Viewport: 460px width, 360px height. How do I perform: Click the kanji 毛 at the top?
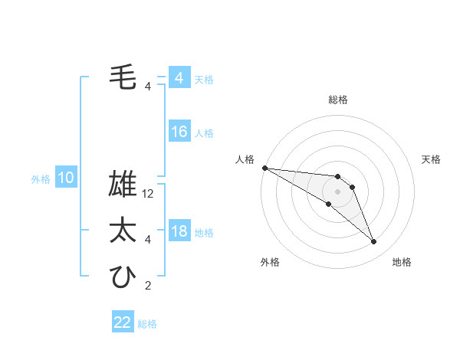[x=123, y=77]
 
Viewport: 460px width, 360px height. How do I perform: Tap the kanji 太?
[x=123, y=231]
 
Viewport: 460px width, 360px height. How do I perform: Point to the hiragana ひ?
[x=123, y=277]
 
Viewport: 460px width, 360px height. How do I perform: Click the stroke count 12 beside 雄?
[x=149, y=194]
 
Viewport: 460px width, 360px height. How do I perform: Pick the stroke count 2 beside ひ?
[x=148, y=286]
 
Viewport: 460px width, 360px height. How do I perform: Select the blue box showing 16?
[x=179, y=132]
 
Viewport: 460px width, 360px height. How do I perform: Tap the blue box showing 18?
[x=179, y=231]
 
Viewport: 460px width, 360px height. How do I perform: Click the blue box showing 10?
[x=66, y=178]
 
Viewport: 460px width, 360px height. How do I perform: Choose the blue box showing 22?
[x=123, y=322]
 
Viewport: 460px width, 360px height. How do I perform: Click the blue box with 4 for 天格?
[x=179, y=78]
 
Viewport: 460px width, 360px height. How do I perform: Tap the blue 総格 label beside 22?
[x=148, y=324]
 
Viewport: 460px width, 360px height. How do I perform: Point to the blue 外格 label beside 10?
[x=41, y=180]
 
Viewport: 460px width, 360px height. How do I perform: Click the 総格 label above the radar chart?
[x=337, y=100]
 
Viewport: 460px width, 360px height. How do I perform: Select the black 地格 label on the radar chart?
[x=402, y=263]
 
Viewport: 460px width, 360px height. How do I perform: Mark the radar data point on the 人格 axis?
[x=264, y=168]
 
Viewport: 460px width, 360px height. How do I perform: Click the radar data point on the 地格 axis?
[x=374, y=242]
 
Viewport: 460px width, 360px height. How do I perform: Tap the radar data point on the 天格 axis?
[x=352, y=187]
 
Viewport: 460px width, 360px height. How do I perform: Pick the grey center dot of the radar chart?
[x=337, y=191]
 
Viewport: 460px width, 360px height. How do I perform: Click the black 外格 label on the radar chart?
[x=271, y=263]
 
